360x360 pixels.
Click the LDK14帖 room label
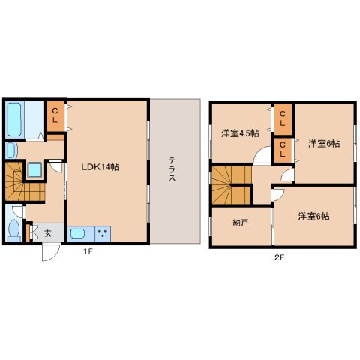tap(100, 166)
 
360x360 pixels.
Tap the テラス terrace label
tap(172, 169)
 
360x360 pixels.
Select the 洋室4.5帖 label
tap(240, 133)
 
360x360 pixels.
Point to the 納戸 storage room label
tap(240, 223)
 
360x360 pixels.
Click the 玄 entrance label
tap(48, 233)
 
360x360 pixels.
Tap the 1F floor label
tap(88, 252)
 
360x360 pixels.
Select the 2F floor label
tap(279, 257)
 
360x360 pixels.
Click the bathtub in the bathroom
tap(14, 119)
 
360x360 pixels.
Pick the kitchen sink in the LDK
tap(77, 234)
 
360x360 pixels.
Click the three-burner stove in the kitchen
tap(103, 234)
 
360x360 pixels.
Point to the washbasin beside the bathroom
tap(11, 151)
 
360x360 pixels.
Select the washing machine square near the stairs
tap(34, 170)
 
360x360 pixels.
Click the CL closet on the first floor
tap(55, 116)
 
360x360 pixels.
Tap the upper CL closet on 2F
tap(283, 119)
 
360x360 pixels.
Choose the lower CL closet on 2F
tap(283, 151)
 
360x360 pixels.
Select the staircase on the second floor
tap(232, 184)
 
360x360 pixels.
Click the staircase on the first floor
tap(25, 181)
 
